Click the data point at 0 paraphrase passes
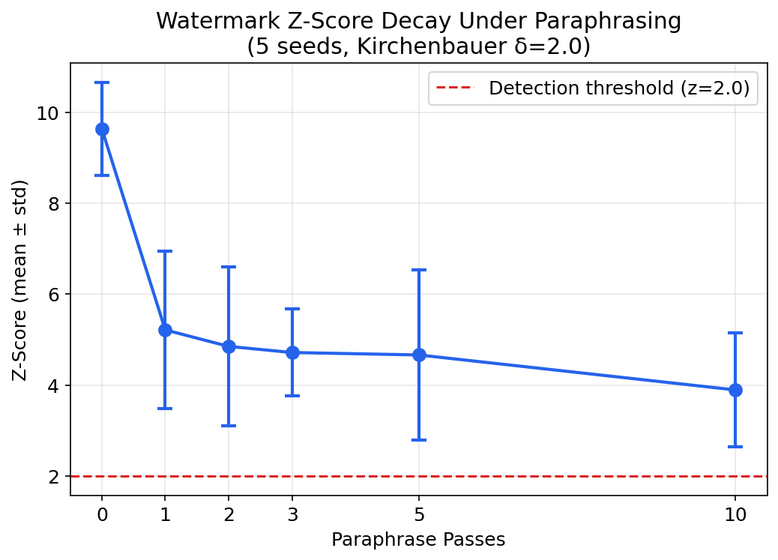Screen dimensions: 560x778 tap(102, 129)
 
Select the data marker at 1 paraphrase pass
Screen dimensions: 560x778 tap(165, 330)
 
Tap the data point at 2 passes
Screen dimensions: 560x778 tap(229, 346)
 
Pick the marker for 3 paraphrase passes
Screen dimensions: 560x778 tap(292, 352)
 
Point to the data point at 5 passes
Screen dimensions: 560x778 tap(419, 355)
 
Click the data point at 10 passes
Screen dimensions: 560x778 tap(735, 390)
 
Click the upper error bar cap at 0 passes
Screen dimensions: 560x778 tap(102, 82)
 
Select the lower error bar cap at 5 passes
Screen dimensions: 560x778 tap(419, 440)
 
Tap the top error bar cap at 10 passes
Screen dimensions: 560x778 tap(735, 333)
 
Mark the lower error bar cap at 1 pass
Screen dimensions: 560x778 tap(165, 409)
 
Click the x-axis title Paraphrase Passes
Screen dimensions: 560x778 tap(418, 540)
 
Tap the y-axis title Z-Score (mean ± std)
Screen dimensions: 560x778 tap(21, 279)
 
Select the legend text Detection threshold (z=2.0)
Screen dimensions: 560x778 tap(619, 88)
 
